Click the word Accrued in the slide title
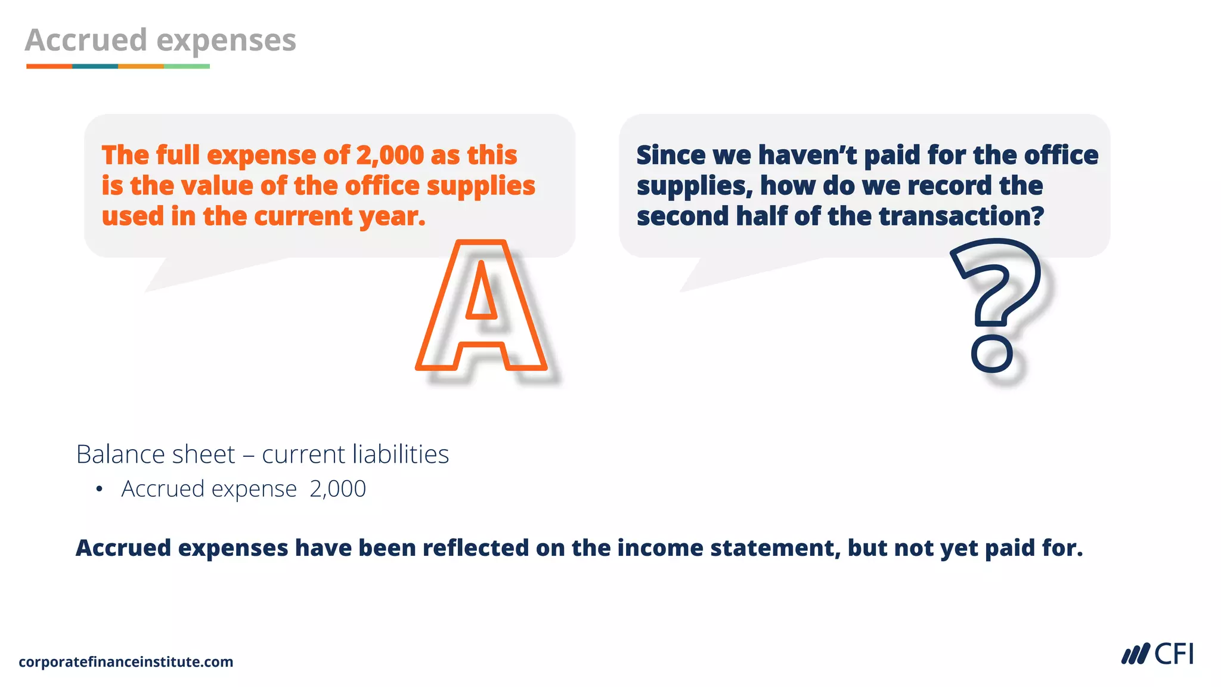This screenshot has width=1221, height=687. click(x=86, y=41)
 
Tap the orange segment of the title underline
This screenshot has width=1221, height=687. click(x=49, y=66)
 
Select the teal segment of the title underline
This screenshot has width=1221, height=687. click(x=95, y=66)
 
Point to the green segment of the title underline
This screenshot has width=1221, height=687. click(x=187, y=66)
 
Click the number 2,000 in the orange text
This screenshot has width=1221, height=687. click(x=390, y=155)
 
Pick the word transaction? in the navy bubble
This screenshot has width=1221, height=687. click(x=961, y=216)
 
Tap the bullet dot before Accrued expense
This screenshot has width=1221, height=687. click(x=99, y=490)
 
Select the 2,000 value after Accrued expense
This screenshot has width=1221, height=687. click(x=337, y=489)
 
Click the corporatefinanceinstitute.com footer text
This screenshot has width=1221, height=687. click(x=126, y=662)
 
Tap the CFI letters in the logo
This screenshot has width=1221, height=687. click(x=1174, y=654)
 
